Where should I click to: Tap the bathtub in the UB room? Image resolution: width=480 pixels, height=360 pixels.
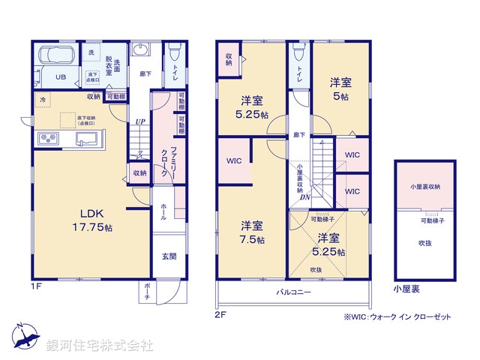pos(56,56)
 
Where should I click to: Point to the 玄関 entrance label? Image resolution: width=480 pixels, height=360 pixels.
pos(169,256)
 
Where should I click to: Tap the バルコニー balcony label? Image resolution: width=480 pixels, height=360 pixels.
pos(293,291)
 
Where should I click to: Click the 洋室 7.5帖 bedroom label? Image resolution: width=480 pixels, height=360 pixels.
pos(252,232)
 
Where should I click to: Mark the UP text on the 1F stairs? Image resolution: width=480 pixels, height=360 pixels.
pos(139,121)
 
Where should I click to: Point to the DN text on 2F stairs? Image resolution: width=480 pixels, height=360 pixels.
pos(305,197)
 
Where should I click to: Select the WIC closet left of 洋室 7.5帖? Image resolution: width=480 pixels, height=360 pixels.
pos(233,160)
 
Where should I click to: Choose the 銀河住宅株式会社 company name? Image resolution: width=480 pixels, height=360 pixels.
pos(100,346)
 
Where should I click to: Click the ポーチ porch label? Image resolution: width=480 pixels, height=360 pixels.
pos(147,295)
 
